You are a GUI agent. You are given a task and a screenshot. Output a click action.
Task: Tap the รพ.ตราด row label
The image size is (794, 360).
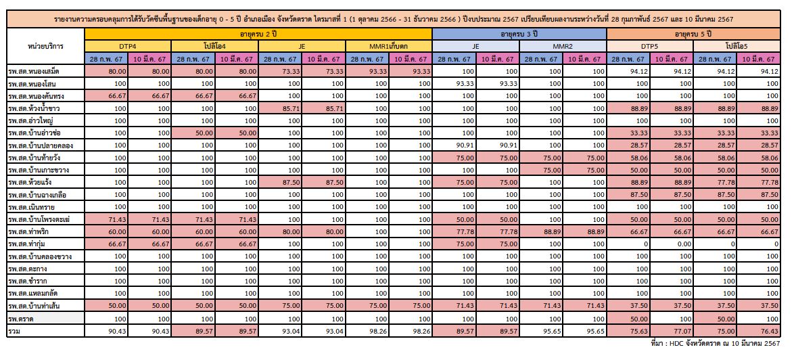(21, 318)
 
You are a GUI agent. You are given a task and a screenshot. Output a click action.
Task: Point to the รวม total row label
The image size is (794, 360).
(14, 330)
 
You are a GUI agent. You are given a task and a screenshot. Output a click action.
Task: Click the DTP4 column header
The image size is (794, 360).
(128, 46)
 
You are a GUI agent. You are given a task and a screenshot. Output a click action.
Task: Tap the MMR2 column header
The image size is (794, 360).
(562, 46)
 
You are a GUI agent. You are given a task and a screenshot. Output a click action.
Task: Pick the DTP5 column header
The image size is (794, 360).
(650, 46)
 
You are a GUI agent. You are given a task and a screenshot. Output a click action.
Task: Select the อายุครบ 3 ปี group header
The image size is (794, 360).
(519, 34)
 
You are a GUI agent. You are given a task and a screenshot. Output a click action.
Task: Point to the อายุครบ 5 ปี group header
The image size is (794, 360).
(693, 34)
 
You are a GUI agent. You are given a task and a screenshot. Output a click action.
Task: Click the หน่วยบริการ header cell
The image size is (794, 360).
(45, 46)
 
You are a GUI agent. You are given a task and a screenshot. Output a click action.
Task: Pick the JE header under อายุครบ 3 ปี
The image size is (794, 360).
(475, 46)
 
